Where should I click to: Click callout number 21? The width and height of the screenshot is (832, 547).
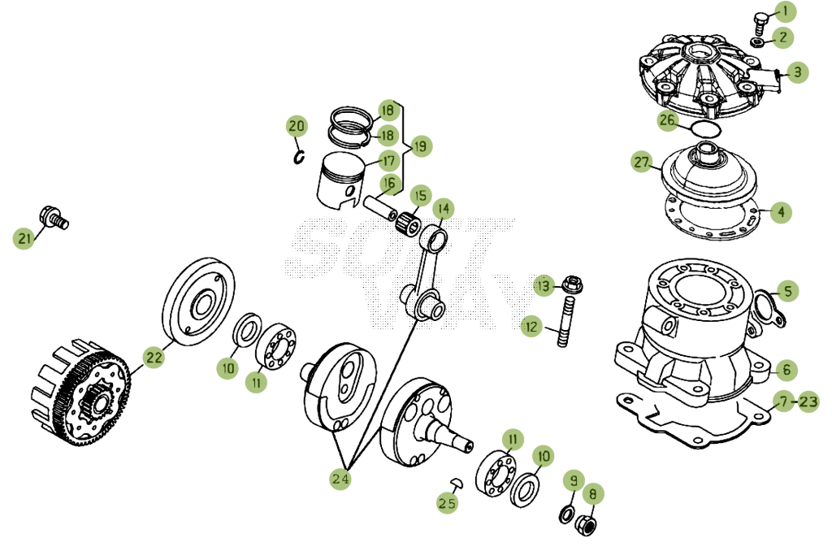click(x=24, y=238)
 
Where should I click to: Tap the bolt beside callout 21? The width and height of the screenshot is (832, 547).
click(x=54, y=218)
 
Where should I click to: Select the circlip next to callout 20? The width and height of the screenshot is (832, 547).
click(x=300, y=157)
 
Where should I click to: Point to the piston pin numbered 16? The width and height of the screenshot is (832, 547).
click(x=380, y=209)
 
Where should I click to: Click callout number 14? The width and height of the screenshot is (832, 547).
click(x=444, y=209)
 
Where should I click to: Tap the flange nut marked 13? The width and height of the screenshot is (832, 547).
click(x=572, y=285)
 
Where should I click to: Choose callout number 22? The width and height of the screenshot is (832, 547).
click(x=154, y=358)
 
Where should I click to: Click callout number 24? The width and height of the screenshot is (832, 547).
click(x=340, y=479)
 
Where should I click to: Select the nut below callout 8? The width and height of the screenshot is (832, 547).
click(x=586, y=524)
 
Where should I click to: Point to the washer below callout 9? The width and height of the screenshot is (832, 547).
click(x=566, y=514)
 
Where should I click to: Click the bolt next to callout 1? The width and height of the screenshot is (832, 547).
click(x=761, y=22)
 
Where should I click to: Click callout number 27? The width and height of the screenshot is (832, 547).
click(x=642, y=162)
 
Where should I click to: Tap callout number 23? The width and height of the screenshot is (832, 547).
click(x=808, y=402)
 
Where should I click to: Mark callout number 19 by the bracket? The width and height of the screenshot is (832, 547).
click(x=420, y=146)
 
